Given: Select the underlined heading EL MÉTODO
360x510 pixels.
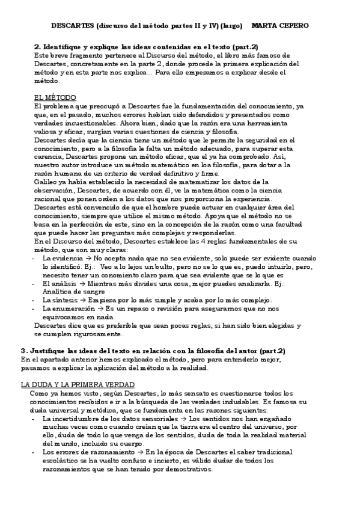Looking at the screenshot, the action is pos(55,97).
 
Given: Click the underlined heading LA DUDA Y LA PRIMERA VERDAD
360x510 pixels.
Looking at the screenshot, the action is pos(78,384).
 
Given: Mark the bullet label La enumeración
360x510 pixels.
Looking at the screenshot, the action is pos(66,308).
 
